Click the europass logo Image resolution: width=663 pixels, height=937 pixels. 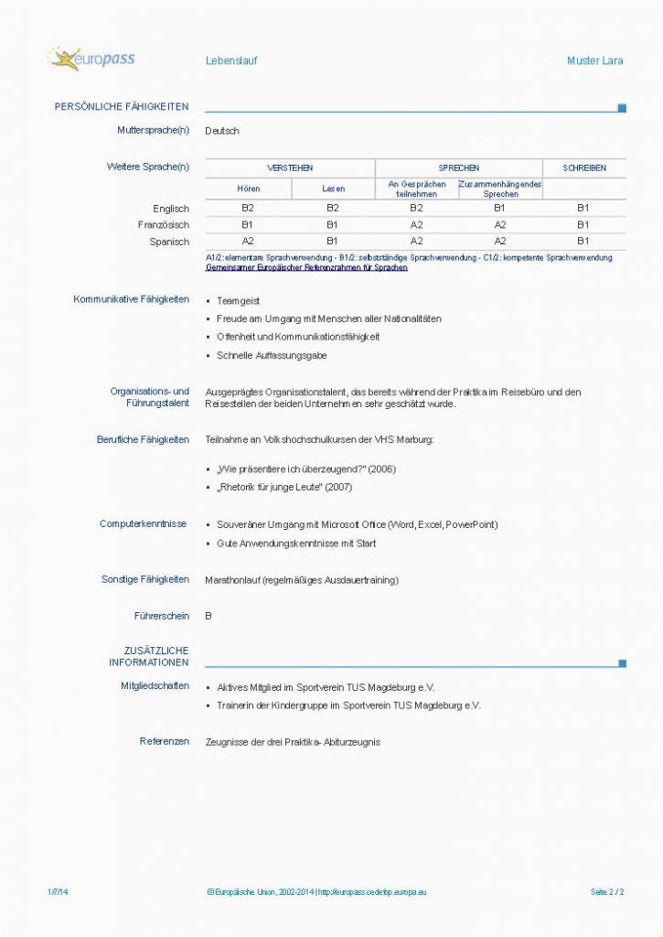tap(91, 59)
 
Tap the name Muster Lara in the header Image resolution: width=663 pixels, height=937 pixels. tap(594, 60)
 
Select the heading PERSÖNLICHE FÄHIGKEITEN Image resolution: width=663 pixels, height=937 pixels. tap(122, 107)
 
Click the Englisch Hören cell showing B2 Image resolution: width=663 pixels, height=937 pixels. tap(248, 209)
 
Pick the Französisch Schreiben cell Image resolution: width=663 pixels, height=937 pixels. tap(583, 225)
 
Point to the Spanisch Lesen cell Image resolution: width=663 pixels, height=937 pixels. tap(333, 242)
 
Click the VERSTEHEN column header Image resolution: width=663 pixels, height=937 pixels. tap(290, 168)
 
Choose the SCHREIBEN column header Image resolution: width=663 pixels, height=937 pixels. tap(583, 168)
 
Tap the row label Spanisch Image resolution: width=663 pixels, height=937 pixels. tap(169, 242)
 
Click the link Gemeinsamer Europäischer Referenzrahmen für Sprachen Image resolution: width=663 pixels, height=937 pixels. tap(307, 268)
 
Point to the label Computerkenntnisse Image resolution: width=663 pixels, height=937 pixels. tap(143, 523)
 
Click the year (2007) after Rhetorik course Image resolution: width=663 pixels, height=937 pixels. tap(338, 487)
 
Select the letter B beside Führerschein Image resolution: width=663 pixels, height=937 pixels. tap(209, 616)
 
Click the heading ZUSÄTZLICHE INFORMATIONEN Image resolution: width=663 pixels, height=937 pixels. tap(151, 656)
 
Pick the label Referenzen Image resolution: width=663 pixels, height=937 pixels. tap(165, 741)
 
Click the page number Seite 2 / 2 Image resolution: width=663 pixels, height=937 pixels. tap(607, 890)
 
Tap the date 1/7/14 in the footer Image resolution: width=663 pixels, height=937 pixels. tap(57, 890)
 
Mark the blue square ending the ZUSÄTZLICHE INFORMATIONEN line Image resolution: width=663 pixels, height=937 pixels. tap(623, 663)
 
